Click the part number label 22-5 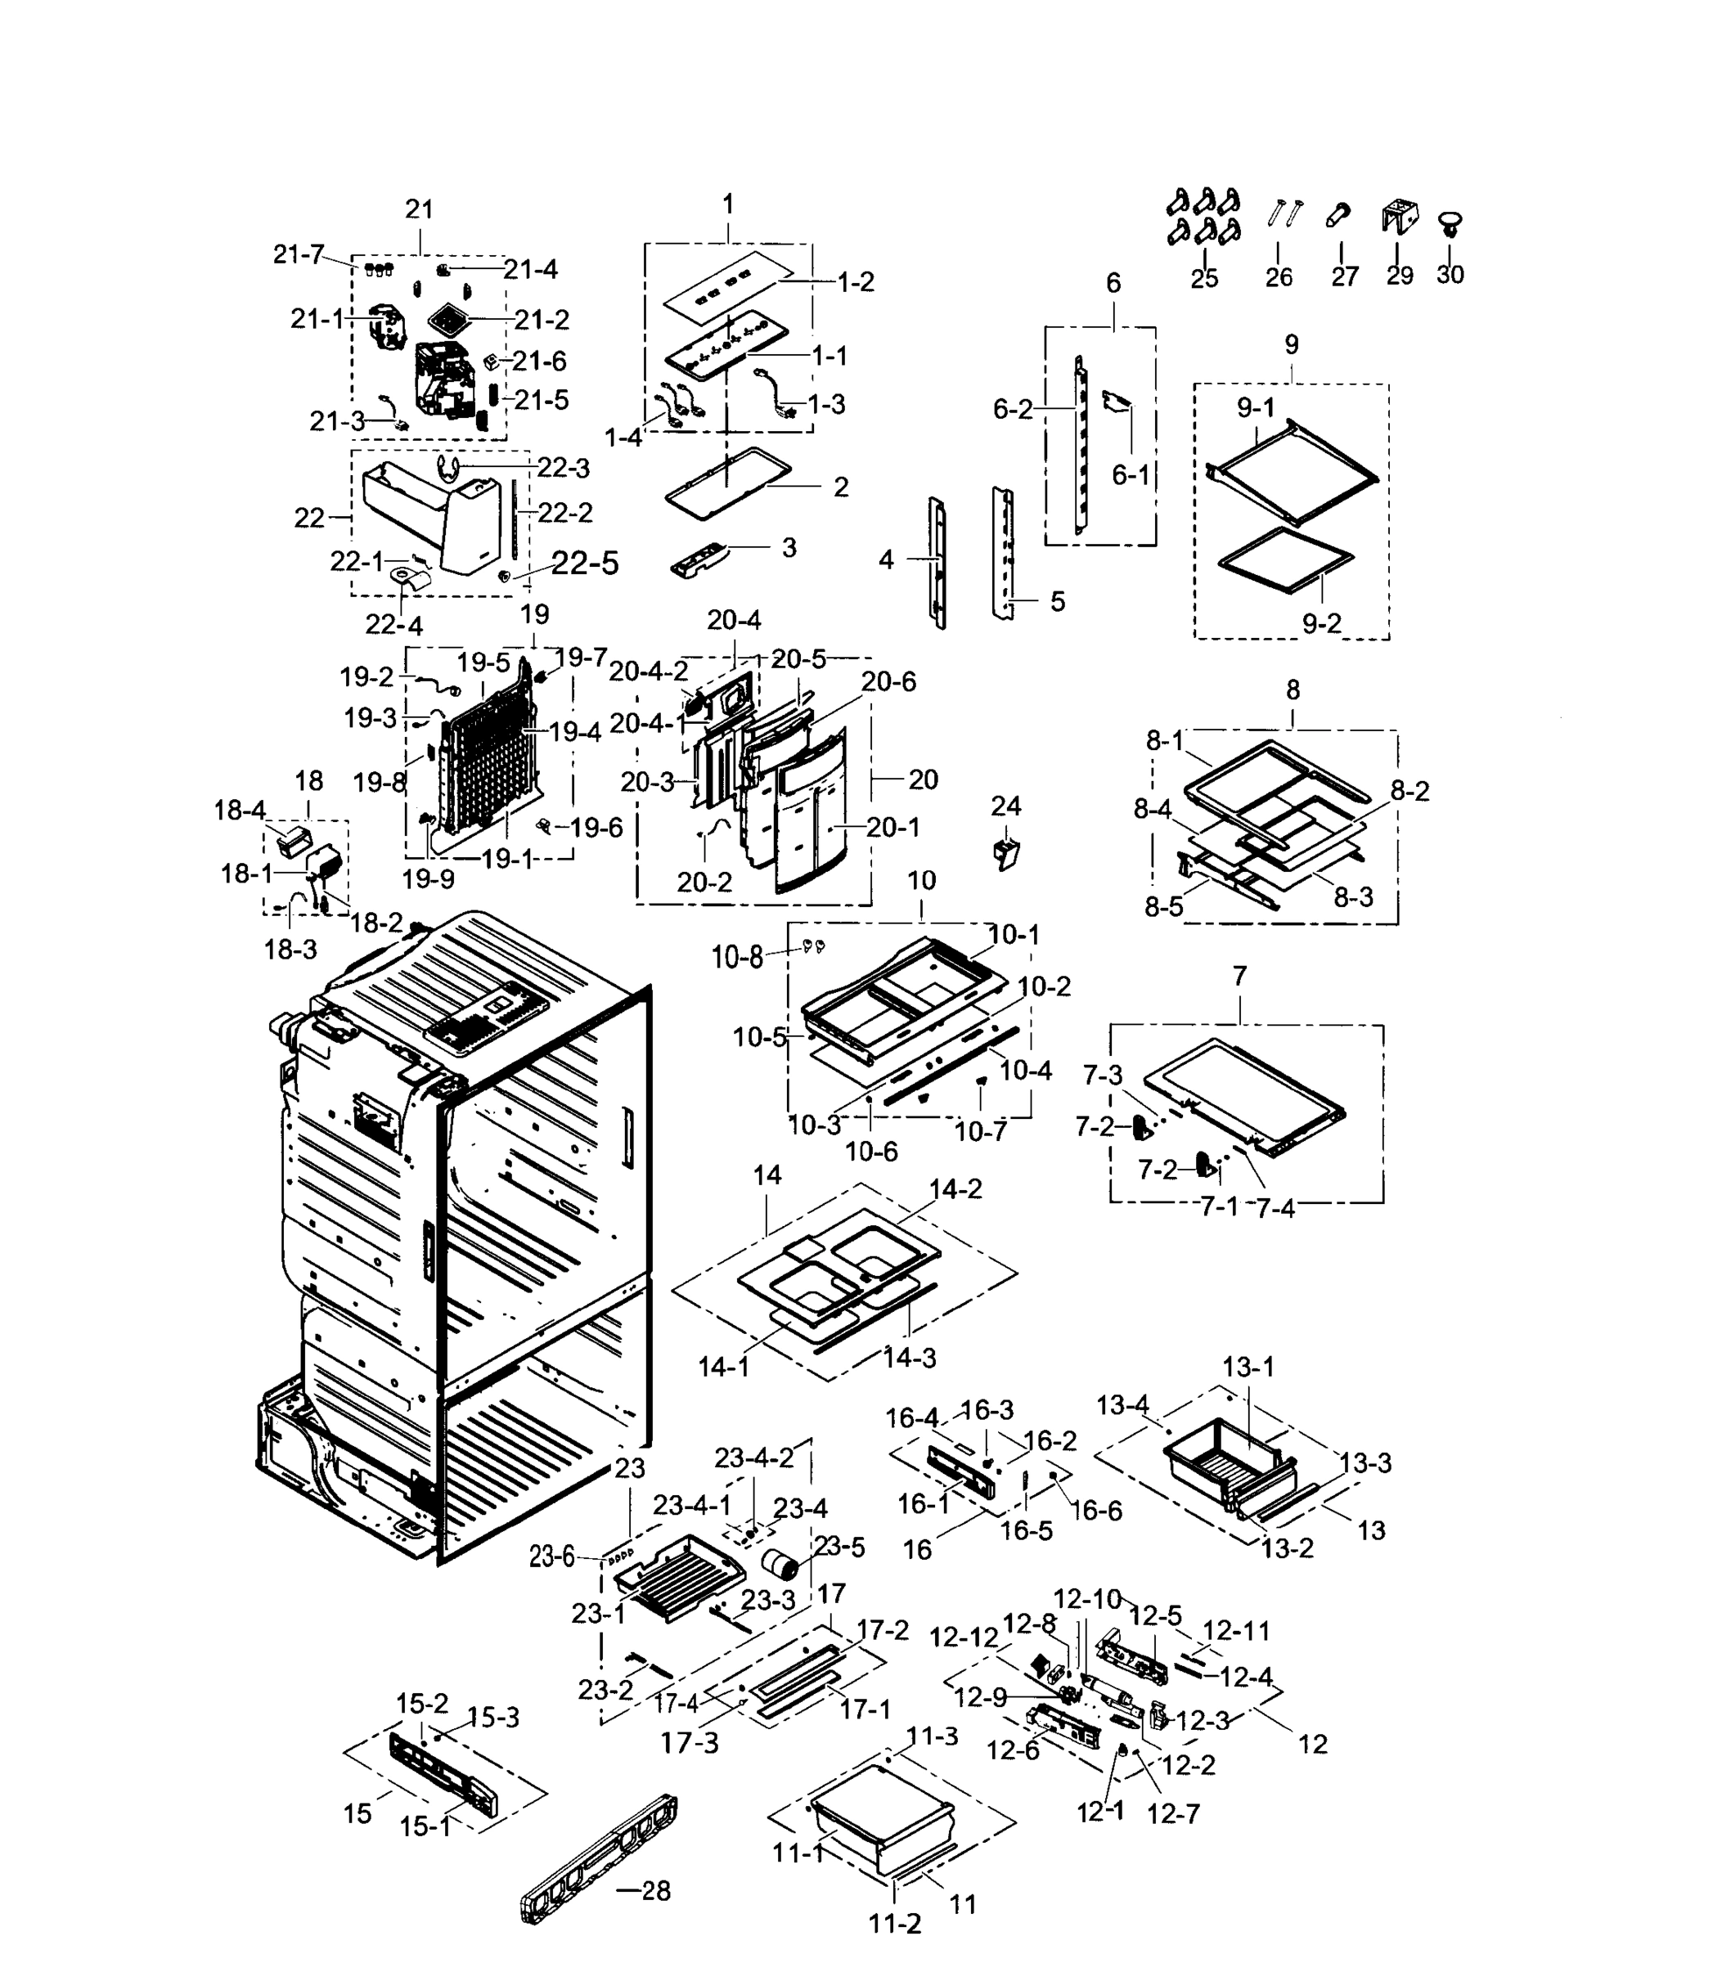(585, 563)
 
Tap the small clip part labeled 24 (1005, 851)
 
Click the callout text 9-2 (1321, 623)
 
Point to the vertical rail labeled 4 (937, 563)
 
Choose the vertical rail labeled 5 (1005, 552)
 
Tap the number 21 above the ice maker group (420, 209)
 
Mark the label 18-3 (290, 950)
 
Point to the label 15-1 (425, 1826)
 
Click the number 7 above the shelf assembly (1240, 976)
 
